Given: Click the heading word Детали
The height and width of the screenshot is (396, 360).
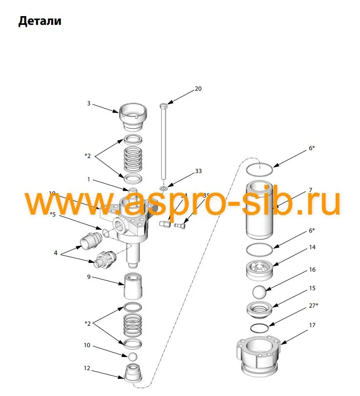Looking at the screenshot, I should pyautogui.click(x=40, y=22).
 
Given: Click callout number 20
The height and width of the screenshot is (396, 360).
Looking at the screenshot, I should pyautogui.click(x=198, y=89).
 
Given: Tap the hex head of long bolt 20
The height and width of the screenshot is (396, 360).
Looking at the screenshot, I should pyautogui.click(x=164, y=106).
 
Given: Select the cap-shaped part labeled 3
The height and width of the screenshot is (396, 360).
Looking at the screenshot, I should pyautogui.click(x=133, y=117).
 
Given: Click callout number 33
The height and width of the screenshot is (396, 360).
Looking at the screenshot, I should pyautogui.click(x=198, y=171).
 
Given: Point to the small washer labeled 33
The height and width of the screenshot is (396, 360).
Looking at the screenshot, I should pyautogui.click(x=164, y=187).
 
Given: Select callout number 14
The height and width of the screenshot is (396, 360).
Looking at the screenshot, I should pyautogui.click(x=312, y=247).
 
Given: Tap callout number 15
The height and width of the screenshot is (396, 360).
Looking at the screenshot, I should pyautogui.click(x=312, y=288).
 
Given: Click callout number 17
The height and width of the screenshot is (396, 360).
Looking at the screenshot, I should pyautogui.click(x=312, y=325).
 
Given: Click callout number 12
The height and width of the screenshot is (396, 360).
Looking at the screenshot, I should pyautogui.click(x=87, y=368).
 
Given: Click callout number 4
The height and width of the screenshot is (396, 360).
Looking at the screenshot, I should pyautogui.click(x=56, y=253).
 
